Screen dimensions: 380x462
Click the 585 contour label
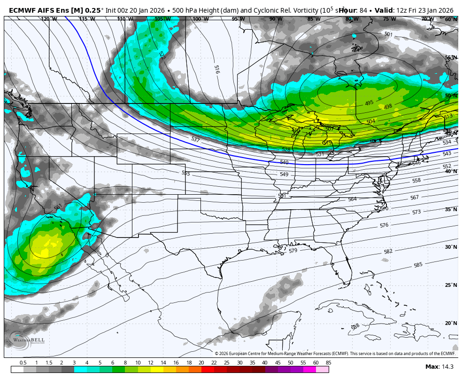[418, 265]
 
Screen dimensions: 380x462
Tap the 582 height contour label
[388, 252]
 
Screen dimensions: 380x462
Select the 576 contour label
[384, 225]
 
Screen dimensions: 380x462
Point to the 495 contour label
[369, 103]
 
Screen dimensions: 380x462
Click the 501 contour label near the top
[388, 34]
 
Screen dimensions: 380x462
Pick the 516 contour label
[216, 70]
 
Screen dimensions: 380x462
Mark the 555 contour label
[186, 173]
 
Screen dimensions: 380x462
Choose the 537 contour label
[195, 140]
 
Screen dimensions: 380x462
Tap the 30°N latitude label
[451, 247]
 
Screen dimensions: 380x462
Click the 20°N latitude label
[451, 324]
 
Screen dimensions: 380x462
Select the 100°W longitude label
[200, 19]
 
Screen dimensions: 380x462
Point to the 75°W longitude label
[389, 19]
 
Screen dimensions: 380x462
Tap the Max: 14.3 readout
[439, 367]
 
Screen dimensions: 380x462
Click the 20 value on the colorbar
[201, 363]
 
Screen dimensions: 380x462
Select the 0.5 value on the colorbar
[23, 363]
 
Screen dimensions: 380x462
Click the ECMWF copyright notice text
[335, 354]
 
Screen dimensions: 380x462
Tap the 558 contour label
[416, 181]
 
